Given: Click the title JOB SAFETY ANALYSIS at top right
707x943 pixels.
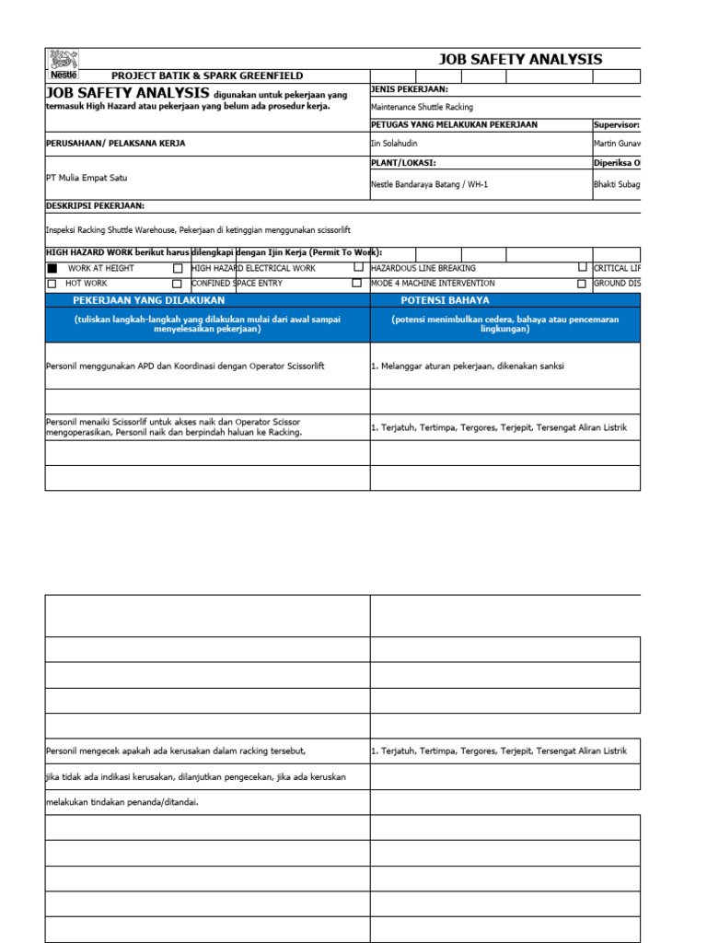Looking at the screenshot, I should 520,59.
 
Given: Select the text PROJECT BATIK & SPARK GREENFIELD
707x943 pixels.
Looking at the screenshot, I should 207,76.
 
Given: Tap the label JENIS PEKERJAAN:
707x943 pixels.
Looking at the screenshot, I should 409,89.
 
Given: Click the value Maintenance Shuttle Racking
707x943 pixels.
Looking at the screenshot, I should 422,107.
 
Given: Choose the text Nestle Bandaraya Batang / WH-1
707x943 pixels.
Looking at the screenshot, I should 429,183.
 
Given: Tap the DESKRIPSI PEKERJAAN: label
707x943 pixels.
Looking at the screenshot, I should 95,205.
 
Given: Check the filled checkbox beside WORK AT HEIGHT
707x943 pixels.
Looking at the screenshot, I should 52,268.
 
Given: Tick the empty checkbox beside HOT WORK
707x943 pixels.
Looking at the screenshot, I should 52,284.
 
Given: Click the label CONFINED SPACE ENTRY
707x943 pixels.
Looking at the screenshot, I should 238,284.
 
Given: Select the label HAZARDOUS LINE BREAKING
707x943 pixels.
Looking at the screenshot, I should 423,268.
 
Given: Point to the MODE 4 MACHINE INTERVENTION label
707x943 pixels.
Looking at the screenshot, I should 433,284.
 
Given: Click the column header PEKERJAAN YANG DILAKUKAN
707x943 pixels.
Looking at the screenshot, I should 148,300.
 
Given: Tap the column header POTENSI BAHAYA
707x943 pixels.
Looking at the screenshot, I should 446,300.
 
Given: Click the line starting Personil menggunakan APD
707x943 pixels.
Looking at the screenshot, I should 185,366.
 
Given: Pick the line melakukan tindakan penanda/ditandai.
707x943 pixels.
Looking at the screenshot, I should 122,802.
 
